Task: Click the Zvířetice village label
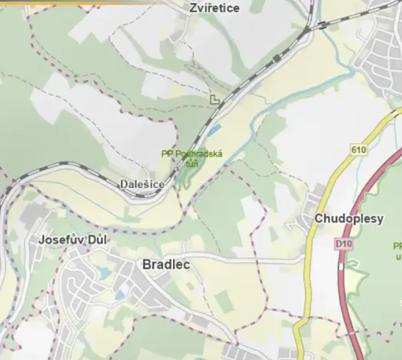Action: [x=214, y=8]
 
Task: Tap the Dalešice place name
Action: [x=141, y=185]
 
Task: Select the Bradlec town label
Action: [x=166, y=264]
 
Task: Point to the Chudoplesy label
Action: [x=348, y=218]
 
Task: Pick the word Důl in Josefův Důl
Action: [x=98, y=239]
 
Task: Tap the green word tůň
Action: [x=192, y=163]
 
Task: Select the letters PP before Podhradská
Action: [x=167, y=154]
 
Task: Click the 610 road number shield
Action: [x=359, y=149]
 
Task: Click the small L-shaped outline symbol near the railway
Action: [x=214, y=99]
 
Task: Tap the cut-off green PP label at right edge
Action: [x=397, y=246]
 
